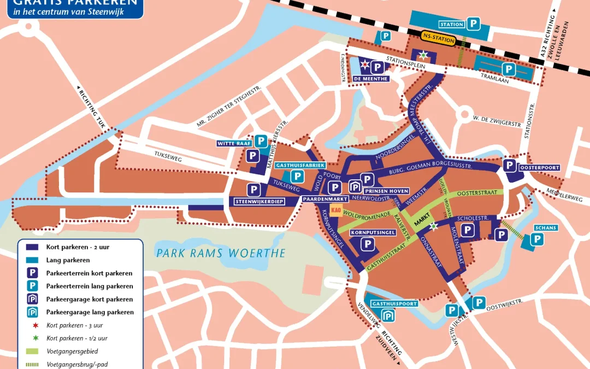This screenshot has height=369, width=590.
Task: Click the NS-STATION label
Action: pos(439,39)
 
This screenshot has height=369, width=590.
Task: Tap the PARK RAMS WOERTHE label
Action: pos(221,253)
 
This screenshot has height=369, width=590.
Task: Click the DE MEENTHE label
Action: pos(370,79)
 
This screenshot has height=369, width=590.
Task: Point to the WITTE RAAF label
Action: pos(234,143)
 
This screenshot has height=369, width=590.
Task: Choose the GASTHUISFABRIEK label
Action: pos(301,165)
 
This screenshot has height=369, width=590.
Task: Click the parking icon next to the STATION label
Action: pos(473,24)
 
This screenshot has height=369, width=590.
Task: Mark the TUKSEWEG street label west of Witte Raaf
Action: pos(167,160)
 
